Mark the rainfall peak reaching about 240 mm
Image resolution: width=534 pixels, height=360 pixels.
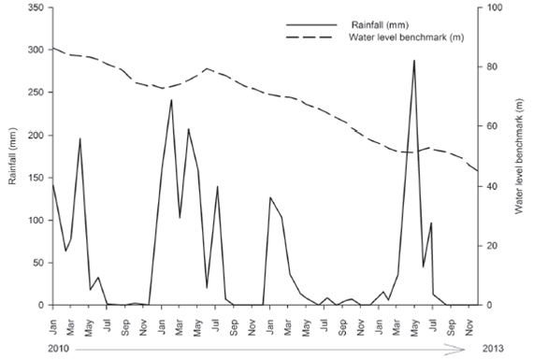(x=171, y=100)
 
